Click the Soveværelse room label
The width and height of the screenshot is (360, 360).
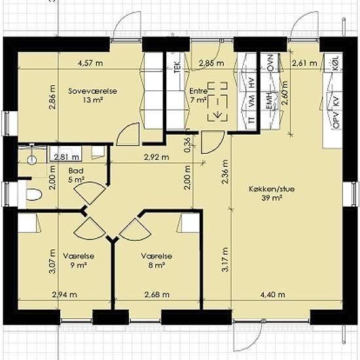92,91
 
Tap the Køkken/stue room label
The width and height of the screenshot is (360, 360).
272,189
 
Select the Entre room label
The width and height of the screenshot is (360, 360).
198,91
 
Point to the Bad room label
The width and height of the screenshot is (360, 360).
76,171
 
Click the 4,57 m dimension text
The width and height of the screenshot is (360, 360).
90,63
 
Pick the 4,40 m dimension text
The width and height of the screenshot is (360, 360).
273,295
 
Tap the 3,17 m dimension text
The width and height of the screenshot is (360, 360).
225,260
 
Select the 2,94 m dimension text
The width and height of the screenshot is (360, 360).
65,295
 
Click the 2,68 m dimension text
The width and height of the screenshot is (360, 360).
157,295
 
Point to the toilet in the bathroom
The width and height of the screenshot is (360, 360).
34,194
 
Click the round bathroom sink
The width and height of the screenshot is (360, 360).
32,160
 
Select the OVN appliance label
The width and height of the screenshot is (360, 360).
270,63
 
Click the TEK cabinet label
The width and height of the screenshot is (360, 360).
177,67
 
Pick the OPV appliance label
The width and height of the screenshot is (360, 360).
336,120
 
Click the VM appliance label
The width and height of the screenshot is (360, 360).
252,101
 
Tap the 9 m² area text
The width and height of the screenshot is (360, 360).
79,265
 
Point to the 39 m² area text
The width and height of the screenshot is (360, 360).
272,198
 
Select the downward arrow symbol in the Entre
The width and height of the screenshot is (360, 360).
217,114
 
